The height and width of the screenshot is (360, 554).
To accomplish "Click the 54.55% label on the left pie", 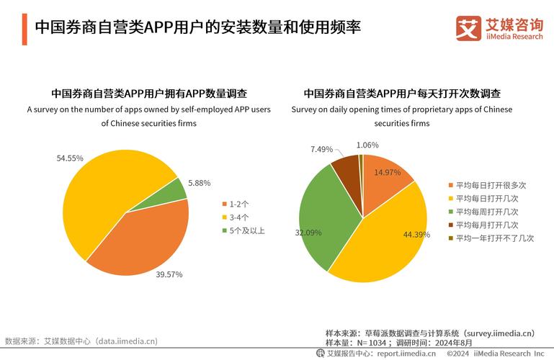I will [x=70, y=158].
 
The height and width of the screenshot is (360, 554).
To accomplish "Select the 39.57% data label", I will [x=170, y=274].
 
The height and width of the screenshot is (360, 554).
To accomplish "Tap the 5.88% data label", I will [x=199, y=183].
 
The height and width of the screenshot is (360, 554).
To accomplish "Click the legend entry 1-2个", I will [x=239, y=204].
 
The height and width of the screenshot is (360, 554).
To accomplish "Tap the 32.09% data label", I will [x=308, y=233].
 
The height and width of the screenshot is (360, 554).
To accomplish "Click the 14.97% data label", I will [x=388, y=172].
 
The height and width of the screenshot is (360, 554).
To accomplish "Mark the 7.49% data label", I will [x=321, y=149].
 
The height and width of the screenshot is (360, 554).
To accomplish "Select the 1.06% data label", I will [x=367, y=145].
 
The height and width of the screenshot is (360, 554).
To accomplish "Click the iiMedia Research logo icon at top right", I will [x=468, y=29].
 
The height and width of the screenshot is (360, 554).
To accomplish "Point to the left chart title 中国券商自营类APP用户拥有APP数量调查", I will [x=149, y=94].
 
